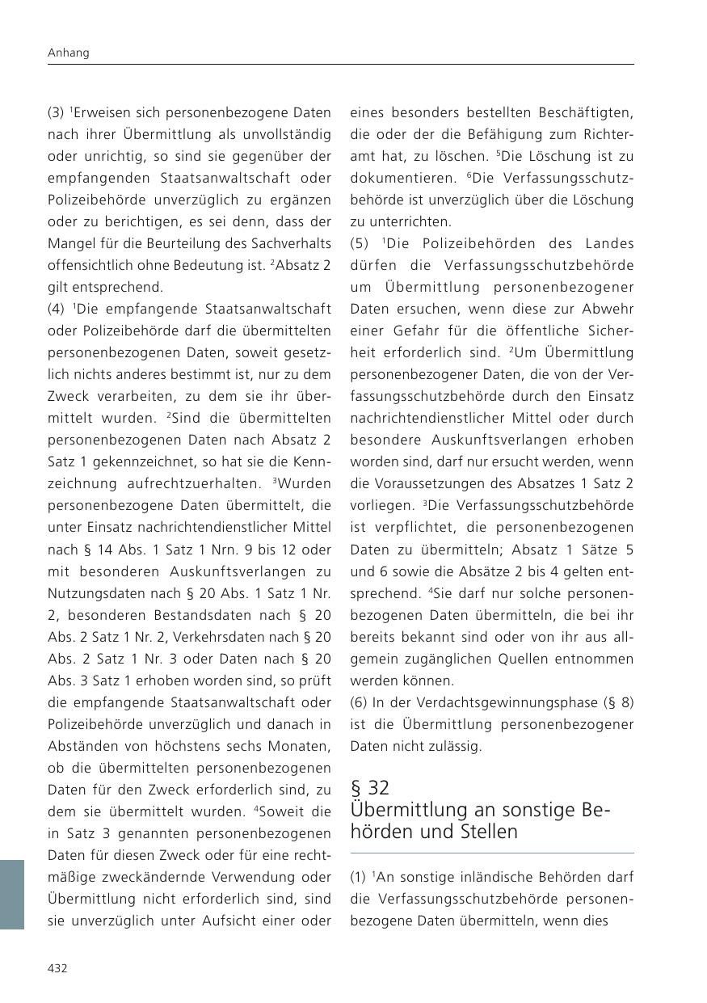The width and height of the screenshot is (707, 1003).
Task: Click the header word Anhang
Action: point(68,53)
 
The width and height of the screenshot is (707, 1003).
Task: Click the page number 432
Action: point(57,968)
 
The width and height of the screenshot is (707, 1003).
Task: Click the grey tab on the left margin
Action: point(12,894)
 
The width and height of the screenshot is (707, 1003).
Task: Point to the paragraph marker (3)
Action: point(56,112)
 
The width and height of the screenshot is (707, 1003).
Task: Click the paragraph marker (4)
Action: point(56,309)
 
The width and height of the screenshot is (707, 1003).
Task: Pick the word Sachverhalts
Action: point(292,243)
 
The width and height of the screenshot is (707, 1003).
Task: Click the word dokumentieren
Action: point(396,178)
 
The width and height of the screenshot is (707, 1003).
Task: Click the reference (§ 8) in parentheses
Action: point(618,702)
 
